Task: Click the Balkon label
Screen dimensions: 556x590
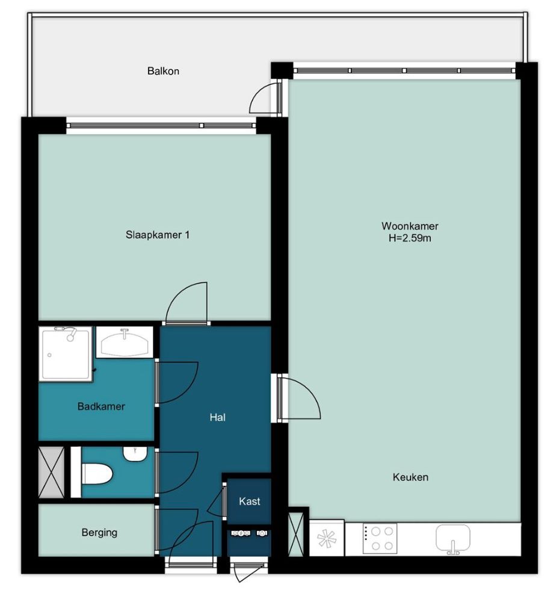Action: pos(163,71)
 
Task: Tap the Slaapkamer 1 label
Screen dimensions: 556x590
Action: pos(158,235)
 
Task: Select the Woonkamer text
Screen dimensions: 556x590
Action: pos(410,226)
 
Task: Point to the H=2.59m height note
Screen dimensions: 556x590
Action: pos(410,238)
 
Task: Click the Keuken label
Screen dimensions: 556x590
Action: pos(410,477)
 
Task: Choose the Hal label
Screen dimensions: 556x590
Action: pos(217,417)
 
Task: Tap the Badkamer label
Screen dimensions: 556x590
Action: pos(101,406)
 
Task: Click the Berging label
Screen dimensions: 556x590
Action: pos(99,533)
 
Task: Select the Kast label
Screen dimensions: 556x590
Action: pos(249,501)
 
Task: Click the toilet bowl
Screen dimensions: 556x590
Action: pos(97,473)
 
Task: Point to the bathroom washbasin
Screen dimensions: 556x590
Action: pos(125,343)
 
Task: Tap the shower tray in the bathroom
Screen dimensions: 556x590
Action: pos(66,354)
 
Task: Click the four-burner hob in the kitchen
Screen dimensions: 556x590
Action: pos(380,539)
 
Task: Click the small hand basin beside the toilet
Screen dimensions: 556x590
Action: pos(134,454)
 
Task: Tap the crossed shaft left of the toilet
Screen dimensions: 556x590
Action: pos(52,472)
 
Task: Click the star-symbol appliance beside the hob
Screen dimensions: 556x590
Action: pos(326,538)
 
